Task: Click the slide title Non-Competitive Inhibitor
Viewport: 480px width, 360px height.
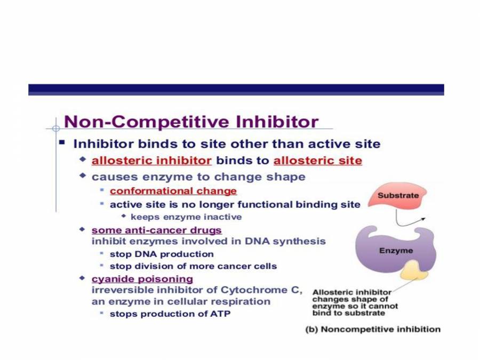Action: coord(191,122)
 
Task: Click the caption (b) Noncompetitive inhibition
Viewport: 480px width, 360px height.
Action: coord(373,329)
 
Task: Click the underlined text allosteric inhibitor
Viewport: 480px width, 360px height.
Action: coord(151,161)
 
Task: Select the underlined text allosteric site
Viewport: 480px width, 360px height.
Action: coord(317,161)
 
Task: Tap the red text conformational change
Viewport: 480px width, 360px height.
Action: coord(173,191)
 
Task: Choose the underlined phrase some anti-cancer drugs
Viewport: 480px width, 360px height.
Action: coord(157,230)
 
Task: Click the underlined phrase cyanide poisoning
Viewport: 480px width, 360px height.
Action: coord(142,278)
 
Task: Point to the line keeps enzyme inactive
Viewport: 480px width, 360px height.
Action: coord(186,217)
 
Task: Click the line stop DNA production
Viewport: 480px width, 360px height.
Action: coord(162,254)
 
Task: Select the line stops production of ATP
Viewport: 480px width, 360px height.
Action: coord(170,314)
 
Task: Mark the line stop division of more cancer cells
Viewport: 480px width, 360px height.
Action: coord(193,266)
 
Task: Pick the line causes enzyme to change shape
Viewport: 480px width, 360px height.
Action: coord(198,177)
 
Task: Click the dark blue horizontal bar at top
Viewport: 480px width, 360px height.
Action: coord(236,89)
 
